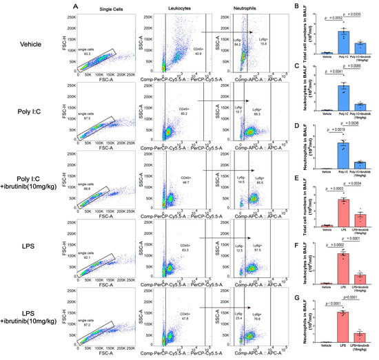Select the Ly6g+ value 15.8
coord(264,45)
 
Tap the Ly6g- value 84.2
coord(238,45)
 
